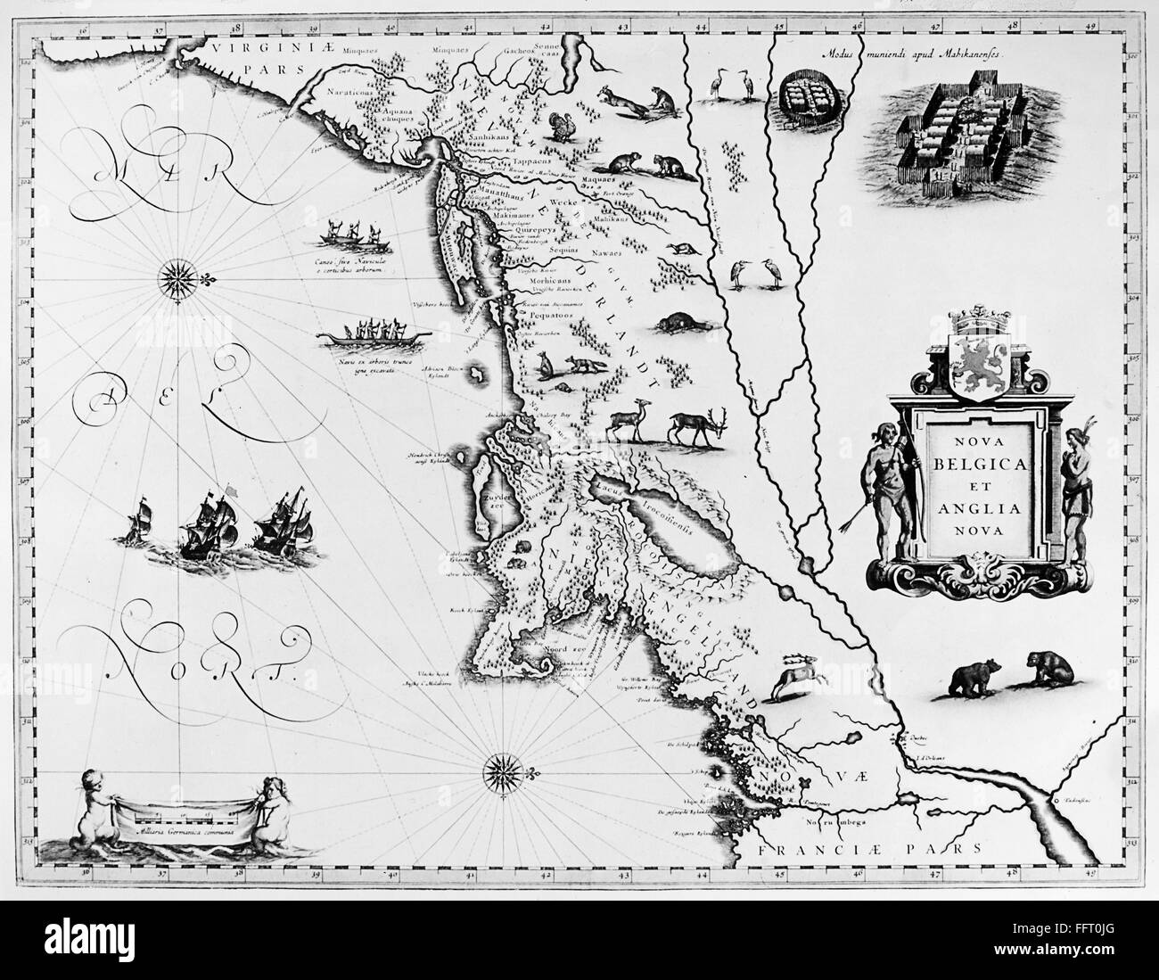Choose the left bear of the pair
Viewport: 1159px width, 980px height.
click(x=967, y=679)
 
